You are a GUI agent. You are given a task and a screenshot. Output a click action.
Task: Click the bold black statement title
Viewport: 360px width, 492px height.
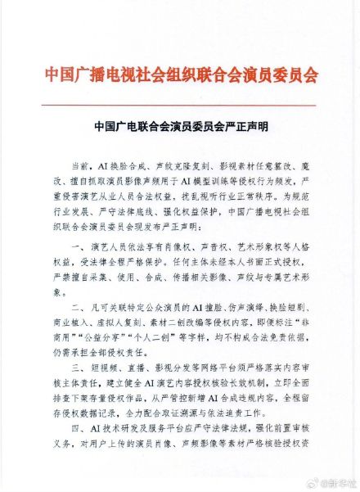point(180,128)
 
